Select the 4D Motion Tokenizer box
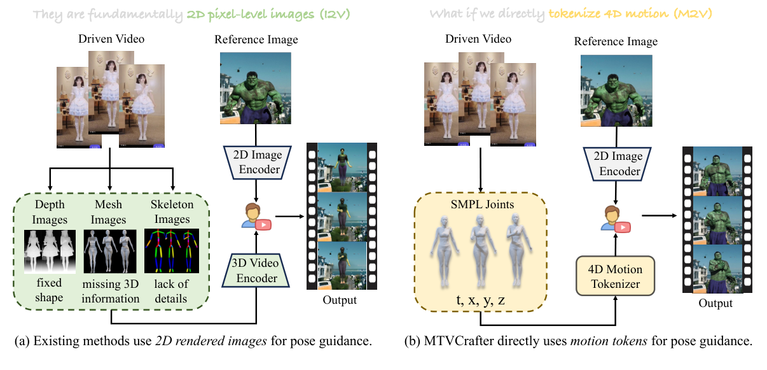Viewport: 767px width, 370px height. pyautogui.click(x=615, y=276)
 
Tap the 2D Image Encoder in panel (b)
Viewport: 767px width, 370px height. pyautogui.click(x=616, y=164)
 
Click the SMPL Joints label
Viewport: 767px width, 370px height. pyautogui.click(x=482, y=205)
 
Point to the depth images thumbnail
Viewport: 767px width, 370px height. pyautogui.click(x=49, y=252)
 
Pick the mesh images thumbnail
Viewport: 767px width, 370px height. pyautogui.click(x=109, y=252)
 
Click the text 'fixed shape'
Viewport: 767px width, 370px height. pyautogui.click(x=49, y=291)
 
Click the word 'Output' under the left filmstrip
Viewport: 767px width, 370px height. pyautogui.click(x=340, y=300)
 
